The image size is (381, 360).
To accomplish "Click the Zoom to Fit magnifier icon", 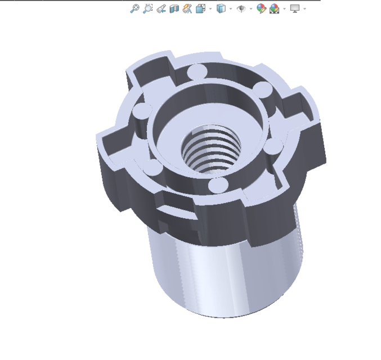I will click(x=135, y=8).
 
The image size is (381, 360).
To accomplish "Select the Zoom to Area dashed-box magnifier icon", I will click(x=147, y=8).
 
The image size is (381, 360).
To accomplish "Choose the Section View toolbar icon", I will click(x=174, y=8).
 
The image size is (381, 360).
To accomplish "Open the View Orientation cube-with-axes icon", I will click(x=200, y=8).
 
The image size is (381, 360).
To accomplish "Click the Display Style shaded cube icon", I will click(x=221, y=8).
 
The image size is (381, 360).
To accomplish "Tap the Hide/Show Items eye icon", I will click(x=241, y=8).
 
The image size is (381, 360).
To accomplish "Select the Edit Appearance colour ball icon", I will click(x=261, y=8).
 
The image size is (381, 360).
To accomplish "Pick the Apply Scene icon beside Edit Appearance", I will click(x=274, y=8).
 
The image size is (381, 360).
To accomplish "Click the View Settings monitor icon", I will click(x=295, y=8).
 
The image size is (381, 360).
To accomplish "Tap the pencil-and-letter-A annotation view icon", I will click(x=187, y=8).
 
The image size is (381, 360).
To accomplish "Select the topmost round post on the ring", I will click(x=196, y=71).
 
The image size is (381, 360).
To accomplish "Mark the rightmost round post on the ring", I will click(x=273, y=148).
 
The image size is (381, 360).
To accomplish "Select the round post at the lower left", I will click(x=153, y=167).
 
